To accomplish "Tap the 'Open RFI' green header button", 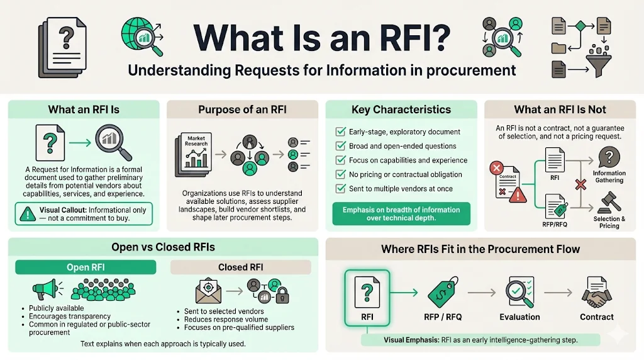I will [87, 267].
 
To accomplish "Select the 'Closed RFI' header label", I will [241, 267].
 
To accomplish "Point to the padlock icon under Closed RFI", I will [282, 293].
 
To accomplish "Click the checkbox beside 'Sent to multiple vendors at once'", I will [340, 188].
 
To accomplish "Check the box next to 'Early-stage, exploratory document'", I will [340, 132].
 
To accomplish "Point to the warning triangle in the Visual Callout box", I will [26, 215].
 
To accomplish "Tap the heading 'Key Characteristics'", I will [401, 110].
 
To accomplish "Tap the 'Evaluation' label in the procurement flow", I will [520, 317].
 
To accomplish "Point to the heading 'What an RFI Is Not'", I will [560, 110].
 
